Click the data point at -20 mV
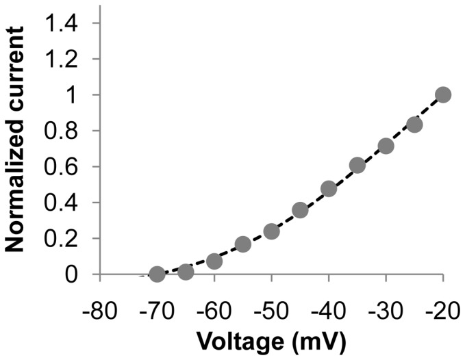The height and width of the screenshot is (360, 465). (443, 94)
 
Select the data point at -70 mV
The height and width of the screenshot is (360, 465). (157, 274)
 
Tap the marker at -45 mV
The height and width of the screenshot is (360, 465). (300, 210)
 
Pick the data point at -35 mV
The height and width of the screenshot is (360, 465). (357, 166)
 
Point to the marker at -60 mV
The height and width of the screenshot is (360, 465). (214, 261)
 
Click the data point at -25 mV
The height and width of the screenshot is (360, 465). (414, 125)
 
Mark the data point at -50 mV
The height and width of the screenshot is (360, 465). (271, 231)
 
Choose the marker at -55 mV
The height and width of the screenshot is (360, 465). (242, 244)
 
